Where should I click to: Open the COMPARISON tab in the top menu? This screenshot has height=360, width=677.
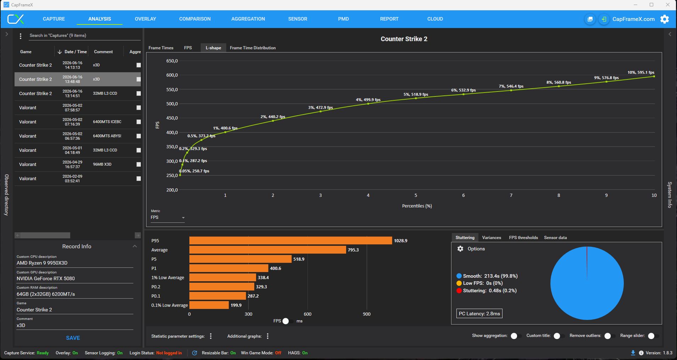click(x=195, y=19)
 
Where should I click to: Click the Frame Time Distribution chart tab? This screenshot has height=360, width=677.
click(x=253, y=48)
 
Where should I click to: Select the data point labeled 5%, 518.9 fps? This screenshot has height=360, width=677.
click(x=416, y=98)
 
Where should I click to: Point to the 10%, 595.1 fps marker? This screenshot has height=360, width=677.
click(x=654, y=76)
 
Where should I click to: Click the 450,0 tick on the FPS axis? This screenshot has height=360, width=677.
click(x=172, y=118)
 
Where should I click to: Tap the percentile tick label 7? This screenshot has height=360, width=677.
click(x=511, y=195)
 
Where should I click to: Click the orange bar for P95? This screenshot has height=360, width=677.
click(x=290, y=240)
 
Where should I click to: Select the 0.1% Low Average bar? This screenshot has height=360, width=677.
click(x=209, y=305)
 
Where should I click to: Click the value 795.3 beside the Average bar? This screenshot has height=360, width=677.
click(x=353, y=250)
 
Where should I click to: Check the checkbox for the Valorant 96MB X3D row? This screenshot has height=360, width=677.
click(x=139, y=165)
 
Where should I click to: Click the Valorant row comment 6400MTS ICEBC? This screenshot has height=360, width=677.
click(x=107, y=122)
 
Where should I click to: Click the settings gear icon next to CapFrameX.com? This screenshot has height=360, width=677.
click(x=665, y=19)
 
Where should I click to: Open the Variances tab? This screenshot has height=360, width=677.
click(x=492, y=238)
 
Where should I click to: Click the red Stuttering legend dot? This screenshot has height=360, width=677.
click(x=459, y=291)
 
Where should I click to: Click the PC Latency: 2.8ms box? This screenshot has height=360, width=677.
click(x=479, y=314)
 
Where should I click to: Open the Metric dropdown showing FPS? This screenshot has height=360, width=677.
click(x=168, y=217)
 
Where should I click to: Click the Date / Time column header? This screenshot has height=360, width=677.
click(x=72, y=52)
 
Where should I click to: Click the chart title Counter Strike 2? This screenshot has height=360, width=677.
click(x=404, y=39)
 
